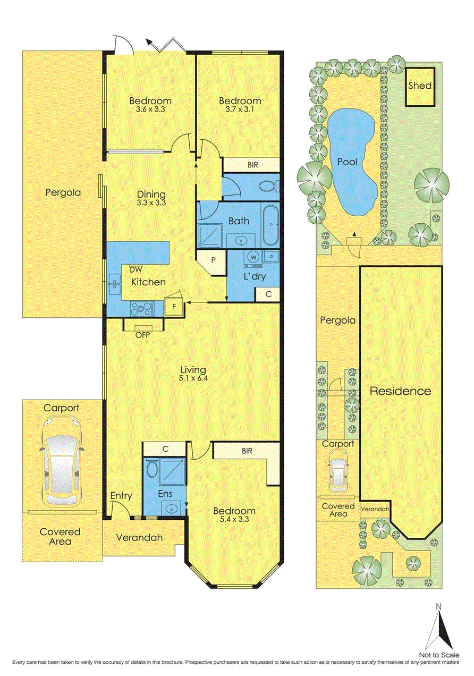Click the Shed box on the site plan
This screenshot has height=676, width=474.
[420, 86]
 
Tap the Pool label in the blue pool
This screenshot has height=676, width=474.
[348, 162]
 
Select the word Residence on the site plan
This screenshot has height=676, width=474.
[400, 391]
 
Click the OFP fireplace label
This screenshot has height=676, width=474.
[142, 335]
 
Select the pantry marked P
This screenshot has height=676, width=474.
[213, 261]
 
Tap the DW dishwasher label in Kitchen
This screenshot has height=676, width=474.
[128, 270]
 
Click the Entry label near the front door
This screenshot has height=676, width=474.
[121, 496]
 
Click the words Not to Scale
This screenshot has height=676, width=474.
[439, 655]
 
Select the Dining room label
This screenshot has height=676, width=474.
[151, 195]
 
